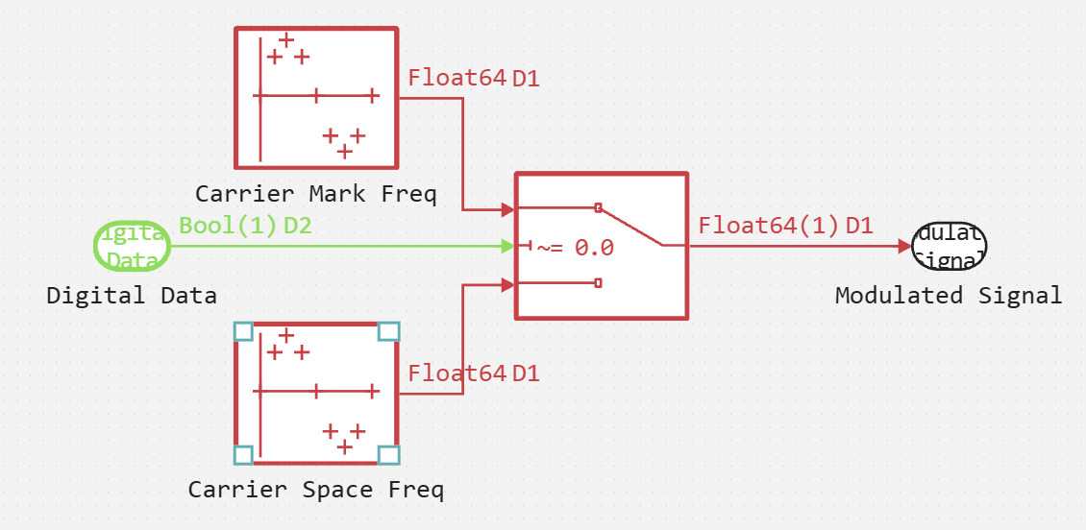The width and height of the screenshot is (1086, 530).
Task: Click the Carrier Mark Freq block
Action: pos(316,97)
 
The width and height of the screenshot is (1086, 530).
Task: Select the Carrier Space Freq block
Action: pos(316,393)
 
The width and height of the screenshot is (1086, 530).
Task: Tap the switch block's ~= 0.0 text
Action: pos(575,248)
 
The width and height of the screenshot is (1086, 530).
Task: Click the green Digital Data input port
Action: pos(133,247)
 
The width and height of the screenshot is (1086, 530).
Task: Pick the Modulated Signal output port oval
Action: pos(950,247)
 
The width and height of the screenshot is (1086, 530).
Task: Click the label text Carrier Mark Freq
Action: pos(315,194)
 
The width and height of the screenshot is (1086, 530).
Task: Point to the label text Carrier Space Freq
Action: pos(315,490)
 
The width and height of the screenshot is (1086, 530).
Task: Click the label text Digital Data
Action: pos(132,296)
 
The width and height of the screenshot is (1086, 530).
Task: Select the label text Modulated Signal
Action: pos(949,296)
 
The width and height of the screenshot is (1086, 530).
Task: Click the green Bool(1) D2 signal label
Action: pos(245,227)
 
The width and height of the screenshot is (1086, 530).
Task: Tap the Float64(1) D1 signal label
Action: pos(785,227)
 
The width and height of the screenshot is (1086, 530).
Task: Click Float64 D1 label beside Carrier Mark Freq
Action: pos(474,78)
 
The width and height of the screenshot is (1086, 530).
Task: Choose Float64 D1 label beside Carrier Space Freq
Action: pos(474,373)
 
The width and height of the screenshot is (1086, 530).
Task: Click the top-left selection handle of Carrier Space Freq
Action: pos(243,331)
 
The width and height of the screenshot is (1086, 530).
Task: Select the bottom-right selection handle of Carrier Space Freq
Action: pos(388,454)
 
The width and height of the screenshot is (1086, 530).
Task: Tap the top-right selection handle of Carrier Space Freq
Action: pos(388,331)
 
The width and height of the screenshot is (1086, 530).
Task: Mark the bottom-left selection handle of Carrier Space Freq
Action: pos(243,454)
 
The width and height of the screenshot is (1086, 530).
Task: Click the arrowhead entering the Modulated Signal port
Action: pos(903,247)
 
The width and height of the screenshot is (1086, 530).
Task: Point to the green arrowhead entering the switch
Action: pos(508,247)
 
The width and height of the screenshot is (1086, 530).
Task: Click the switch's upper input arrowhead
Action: pos(508,208)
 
